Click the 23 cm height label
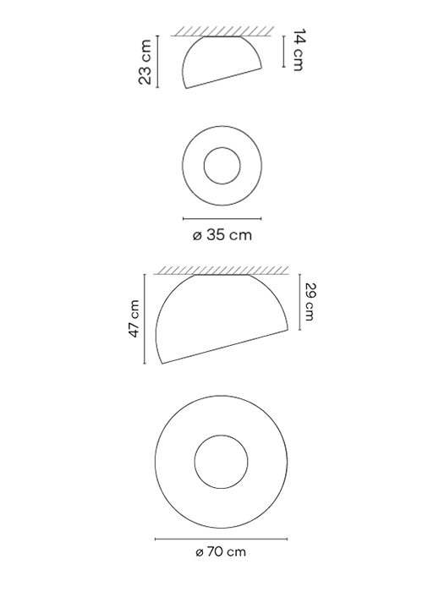(x=146, y=62)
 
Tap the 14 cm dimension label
(x=296, y=50)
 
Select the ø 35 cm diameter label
(x=222, y=235)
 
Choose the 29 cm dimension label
(x=310, y=303)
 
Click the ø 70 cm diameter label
(x=221, y=551)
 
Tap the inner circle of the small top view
(x=222, y=164)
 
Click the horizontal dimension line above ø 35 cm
(x=222, y=218)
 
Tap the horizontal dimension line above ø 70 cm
(x=221, y=536)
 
